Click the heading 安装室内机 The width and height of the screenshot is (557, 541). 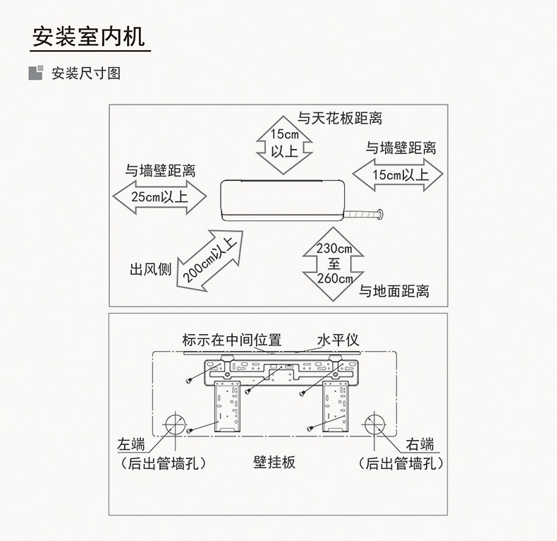click(x=89, y=36)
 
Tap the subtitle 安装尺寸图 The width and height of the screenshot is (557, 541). click(x=85, y=73)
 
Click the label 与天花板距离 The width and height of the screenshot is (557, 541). click(x=340, y=118)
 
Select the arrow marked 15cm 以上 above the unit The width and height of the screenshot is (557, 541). click(x=284, y=143)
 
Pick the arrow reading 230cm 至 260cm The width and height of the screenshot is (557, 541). click(x=334, y=263)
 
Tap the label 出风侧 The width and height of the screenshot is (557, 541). click(x=150, y=270)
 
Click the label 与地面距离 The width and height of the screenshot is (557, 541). click(x=394, y=291)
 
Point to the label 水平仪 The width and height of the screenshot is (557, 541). click(x=338, y=340)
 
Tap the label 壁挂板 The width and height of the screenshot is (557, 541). click(x=274, y=463)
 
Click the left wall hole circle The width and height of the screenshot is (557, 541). click(x=173, y=425)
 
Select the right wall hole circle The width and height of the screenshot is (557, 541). click(x=374, y=425)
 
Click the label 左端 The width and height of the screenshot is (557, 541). click(x=132, y=444)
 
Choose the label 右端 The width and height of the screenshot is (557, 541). click(x=420, y=444)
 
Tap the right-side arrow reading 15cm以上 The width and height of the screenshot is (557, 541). click(x=398, y=174)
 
